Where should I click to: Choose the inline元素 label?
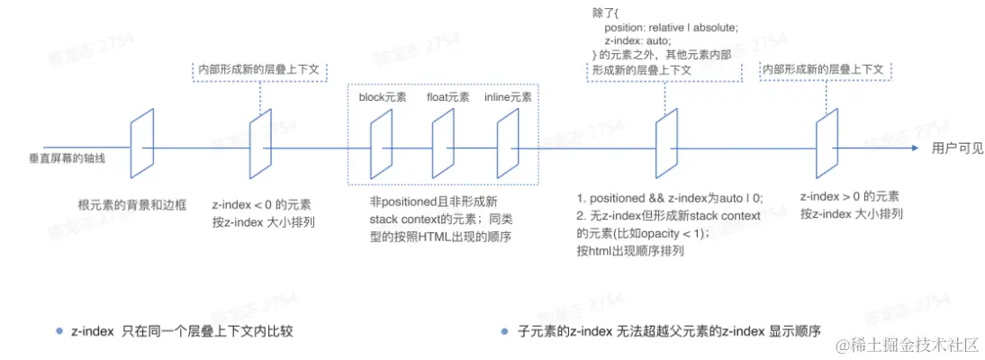[507, 97]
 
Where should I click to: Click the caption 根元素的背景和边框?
[132, 205]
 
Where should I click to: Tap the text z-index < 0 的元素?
[261, 205]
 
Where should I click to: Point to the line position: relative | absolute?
[672, 28]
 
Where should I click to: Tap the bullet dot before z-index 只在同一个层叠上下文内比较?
[59, 330]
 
